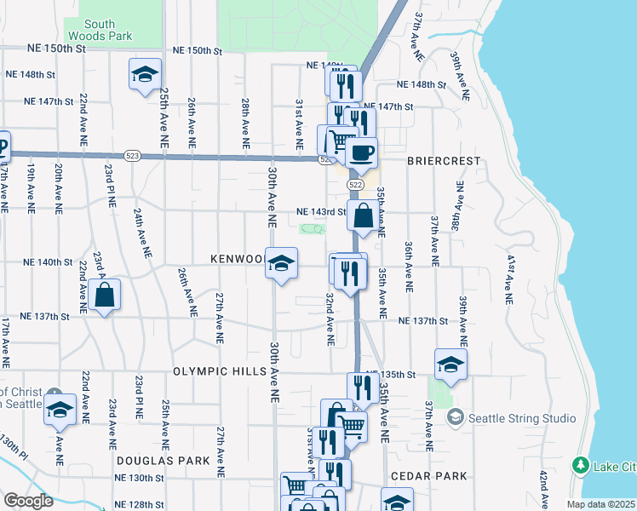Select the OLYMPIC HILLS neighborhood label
pyautogui.click(x=215, y=371)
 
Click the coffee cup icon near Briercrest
pyautogui.click(x=362, y=153)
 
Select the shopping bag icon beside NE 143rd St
pyautogui.click(x=364, y=216)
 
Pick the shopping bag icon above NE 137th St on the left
pyautogui.click(x=104, y=296)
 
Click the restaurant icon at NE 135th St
pyautogui.click(x=364, y=388)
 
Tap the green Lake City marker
pyautogui.click(x=581, y=465)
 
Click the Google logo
pyautogui.click(x=29, y=501)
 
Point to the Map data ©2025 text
pyautogui.click(x=597, y=504)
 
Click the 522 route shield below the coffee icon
pyautogui.click(x=356, y=185)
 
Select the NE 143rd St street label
pyautogui.click(x=320, y=212)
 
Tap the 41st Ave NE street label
pyautogui.click(x=510, y=279)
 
